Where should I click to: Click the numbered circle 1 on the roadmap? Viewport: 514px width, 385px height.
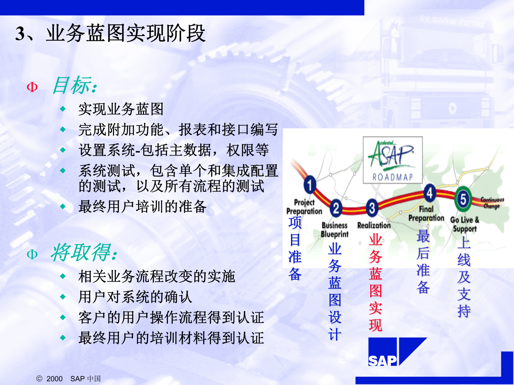[x=310, y=185]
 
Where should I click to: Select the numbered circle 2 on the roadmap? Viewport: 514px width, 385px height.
[x=336, y=208]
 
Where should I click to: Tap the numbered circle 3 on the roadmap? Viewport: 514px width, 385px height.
[x=372, y=208]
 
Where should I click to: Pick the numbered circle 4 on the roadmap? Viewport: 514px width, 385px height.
[x=430, y=193]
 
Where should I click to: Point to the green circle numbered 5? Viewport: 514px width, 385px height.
[x=463, y=199]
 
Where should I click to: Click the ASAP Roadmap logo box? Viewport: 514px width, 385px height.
[x=392, y=160]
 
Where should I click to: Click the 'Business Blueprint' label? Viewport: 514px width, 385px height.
[x=335, y=230]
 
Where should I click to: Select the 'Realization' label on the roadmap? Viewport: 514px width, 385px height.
[x=374, y=225]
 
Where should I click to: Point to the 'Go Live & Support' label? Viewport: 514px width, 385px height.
[x=465, y=224]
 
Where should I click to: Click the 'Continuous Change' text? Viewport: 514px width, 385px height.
[x=492, y=203]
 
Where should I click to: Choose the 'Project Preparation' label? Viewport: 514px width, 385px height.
[x=304, y=207]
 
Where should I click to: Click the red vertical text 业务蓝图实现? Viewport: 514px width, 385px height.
[x=375, y=282]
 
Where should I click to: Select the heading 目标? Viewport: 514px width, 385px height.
[x=75, y=85]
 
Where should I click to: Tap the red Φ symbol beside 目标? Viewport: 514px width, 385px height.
[x=32, y=87]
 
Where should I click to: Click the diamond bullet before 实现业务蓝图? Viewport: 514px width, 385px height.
[x=63, y=109]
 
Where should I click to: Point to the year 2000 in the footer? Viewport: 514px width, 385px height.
[x=54, y=379]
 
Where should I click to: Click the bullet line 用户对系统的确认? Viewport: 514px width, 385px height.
[x=135, y=297]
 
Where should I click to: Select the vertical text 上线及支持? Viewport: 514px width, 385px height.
[x=464, y=277]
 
